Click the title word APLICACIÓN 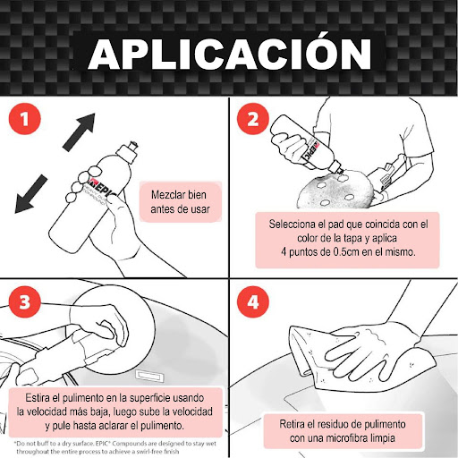click(x=230, y=54)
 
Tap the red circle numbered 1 click(x=25, y=119)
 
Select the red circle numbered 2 click(x=253, y=119)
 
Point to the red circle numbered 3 click(x=25, y=301)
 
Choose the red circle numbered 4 click(x=253, y=301)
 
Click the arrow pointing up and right click(x=79, y=131)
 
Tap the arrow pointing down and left click(x=31, y=194)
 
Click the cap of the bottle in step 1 click(x=128, y=151)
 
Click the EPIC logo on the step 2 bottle click(x=311, y=151)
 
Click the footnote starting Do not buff click(x=115, y=447)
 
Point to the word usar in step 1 click(x=200, y=209)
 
